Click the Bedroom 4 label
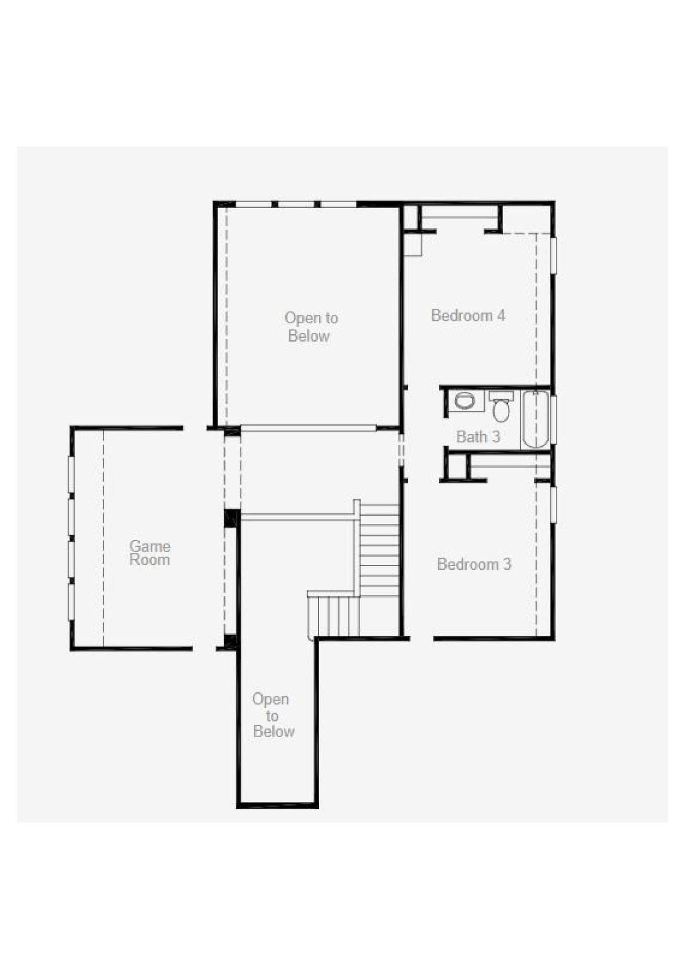(x=468, y=316)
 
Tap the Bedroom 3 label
(x=474, y=564)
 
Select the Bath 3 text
(x=478, y=437)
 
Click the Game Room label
(x=150, y=553)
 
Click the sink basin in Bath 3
(x=465, y=401)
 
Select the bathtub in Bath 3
(x=535, y=419)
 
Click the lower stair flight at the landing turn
(x=333, y=616)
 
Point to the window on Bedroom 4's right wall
(x=553, y=256)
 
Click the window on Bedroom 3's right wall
(x=553, y=505)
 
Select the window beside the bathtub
(x=553, y=420)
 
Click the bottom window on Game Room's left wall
(x=71, y=602)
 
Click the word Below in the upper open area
(x=309, y=336)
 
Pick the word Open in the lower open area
(x=270, y=700)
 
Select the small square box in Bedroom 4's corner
(x=413, y=245)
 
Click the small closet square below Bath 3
(x=457, y=467)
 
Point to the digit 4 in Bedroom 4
(x=501, y=316)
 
